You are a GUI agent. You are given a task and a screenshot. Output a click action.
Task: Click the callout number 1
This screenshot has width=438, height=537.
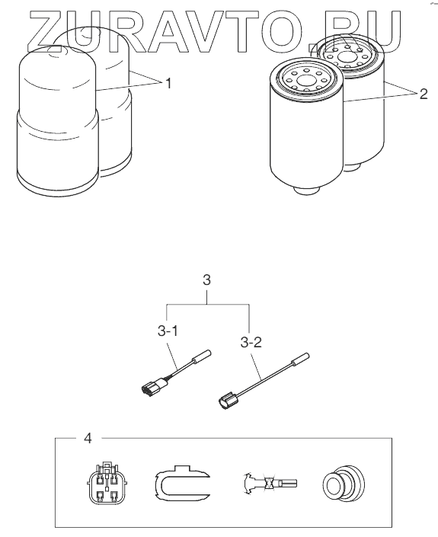tap(168, 83)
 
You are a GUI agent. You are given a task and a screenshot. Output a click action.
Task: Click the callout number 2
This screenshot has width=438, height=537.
tap(424, 94)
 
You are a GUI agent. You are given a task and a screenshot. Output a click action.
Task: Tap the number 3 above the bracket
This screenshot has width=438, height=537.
tap(206, 280)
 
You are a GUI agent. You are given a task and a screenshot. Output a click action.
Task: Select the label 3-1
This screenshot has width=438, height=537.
tap(168, 331)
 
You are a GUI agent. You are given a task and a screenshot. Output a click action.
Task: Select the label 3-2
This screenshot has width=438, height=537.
tap(251, 342)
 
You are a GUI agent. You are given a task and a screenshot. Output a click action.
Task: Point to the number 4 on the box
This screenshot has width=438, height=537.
tap(88, 438)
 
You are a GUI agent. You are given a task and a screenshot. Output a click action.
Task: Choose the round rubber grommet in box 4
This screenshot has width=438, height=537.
tap(343, 483)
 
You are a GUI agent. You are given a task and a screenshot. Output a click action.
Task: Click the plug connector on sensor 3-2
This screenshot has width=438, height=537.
tap(229, 401)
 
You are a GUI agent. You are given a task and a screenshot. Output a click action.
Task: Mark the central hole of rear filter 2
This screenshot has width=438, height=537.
tap(347, 57)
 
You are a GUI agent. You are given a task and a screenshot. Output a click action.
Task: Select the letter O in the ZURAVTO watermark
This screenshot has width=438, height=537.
tap(282, 32)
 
